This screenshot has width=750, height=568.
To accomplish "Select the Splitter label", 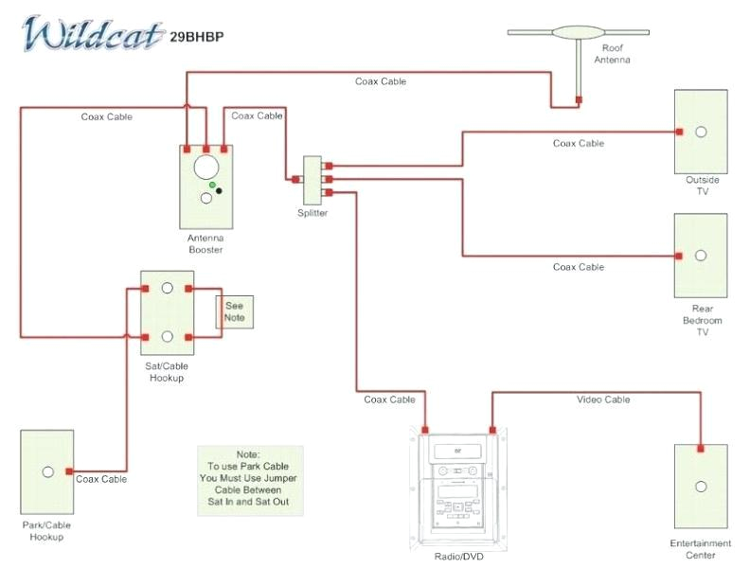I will tap(312, 214).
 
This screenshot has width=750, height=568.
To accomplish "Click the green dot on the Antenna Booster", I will tap(213, 185).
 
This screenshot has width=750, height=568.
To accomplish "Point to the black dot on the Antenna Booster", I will tap(220, 191).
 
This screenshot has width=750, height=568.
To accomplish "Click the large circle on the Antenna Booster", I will tap(205, 167).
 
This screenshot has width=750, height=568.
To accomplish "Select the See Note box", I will tap(235, 311).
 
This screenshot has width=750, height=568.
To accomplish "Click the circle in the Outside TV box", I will tap(701, 132).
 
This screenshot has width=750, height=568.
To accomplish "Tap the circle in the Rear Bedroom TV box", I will tap(701, 256).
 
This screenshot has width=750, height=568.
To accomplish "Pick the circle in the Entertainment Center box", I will tap(701, 487).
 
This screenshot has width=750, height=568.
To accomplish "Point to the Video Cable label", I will tap(603, 399).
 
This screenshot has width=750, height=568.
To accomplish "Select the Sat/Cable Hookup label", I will tap(166, 372).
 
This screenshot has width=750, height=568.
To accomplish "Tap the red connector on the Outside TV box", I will tap(679, 132).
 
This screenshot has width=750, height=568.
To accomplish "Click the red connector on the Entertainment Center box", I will tap(701, 449).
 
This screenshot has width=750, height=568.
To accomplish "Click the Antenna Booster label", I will tap(205, 244).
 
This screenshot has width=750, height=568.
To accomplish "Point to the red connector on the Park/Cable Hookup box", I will tap(69, 470).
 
